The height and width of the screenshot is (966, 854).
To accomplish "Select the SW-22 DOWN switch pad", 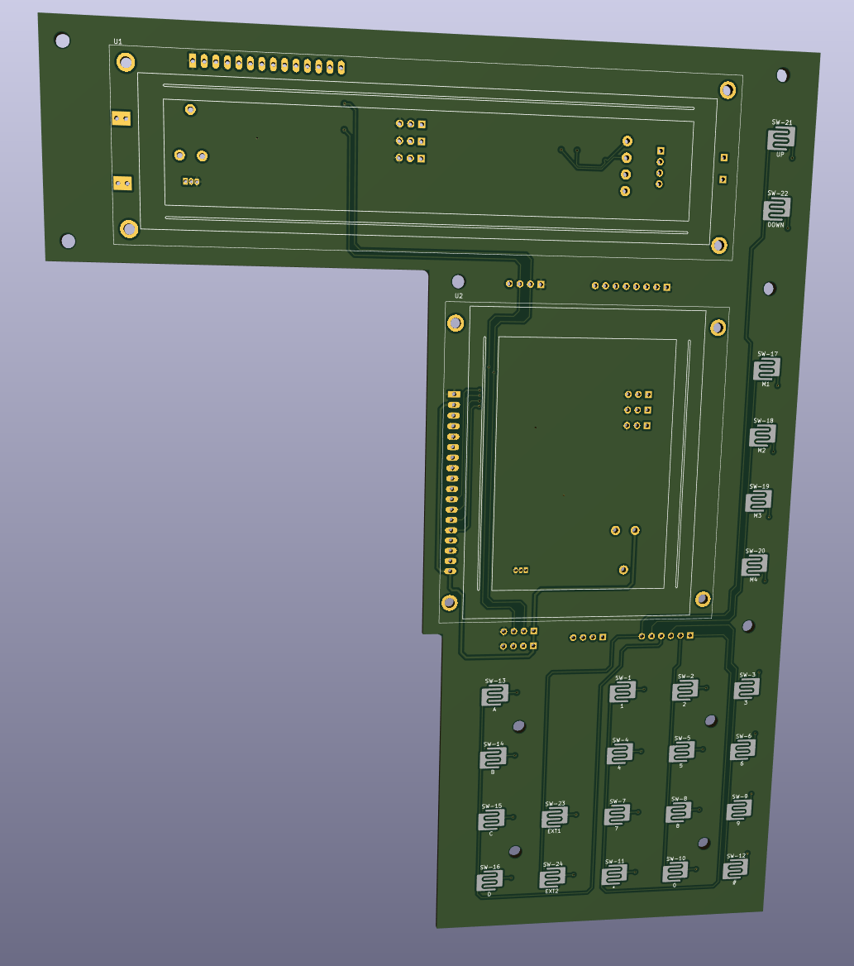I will pyautogui.click(x=776, y=208).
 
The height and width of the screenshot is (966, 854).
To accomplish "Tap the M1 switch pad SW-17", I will pyautogui.click(x=766, y=369).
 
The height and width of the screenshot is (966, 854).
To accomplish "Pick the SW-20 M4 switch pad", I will pyautogui.click(x=753, y=566).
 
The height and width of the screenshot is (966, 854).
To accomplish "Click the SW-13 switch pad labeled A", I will pyautogui.click(x=495, y=696).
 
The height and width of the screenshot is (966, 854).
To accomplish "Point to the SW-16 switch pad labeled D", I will pyautogui.click(x=489, y=881).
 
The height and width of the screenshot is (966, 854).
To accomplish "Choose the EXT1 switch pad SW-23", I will pyautogui.click(x=554, y=819).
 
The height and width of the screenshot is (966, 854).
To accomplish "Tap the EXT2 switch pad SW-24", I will pyautogui.click(x=552, y=878).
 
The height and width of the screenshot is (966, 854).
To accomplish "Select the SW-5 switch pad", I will pyautogui.click(x=681, y=752).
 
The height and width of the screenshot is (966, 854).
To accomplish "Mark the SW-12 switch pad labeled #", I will pyautogui.click(x=735, y=868).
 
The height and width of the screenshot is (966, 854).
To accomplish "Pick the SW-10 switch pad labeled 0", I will pyautogui.click(x=675, y=873).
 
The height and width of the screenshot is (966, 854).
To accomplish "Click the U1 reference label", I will pyautogui.click(x=117, y=41).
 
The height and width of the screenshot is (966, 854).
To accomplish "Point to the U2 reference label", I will pyautogui.click(x=459, y=295).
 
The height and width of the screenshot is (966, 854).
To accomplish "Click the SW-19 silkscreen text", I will pyautogui.click(x=759, y=486).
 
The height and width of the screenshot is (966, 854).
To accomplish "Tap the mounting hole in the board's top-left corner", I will pyautogui.click(x=63, y=40).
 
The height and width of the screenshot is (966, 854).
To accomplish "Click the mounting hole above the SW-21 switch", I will pyautogui.click(x=782, y=75).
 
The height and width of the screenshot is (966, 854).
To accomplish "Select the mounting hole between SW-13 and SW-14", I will pyautogui.click(x=519, y=726).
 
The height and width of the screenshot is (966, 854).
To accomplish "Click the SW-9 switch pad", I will pyautogui.click(x=738, y=810).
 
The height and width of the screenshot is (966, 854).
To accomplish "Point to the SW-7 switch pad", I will pyautogui.click(x=616, y=815).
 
